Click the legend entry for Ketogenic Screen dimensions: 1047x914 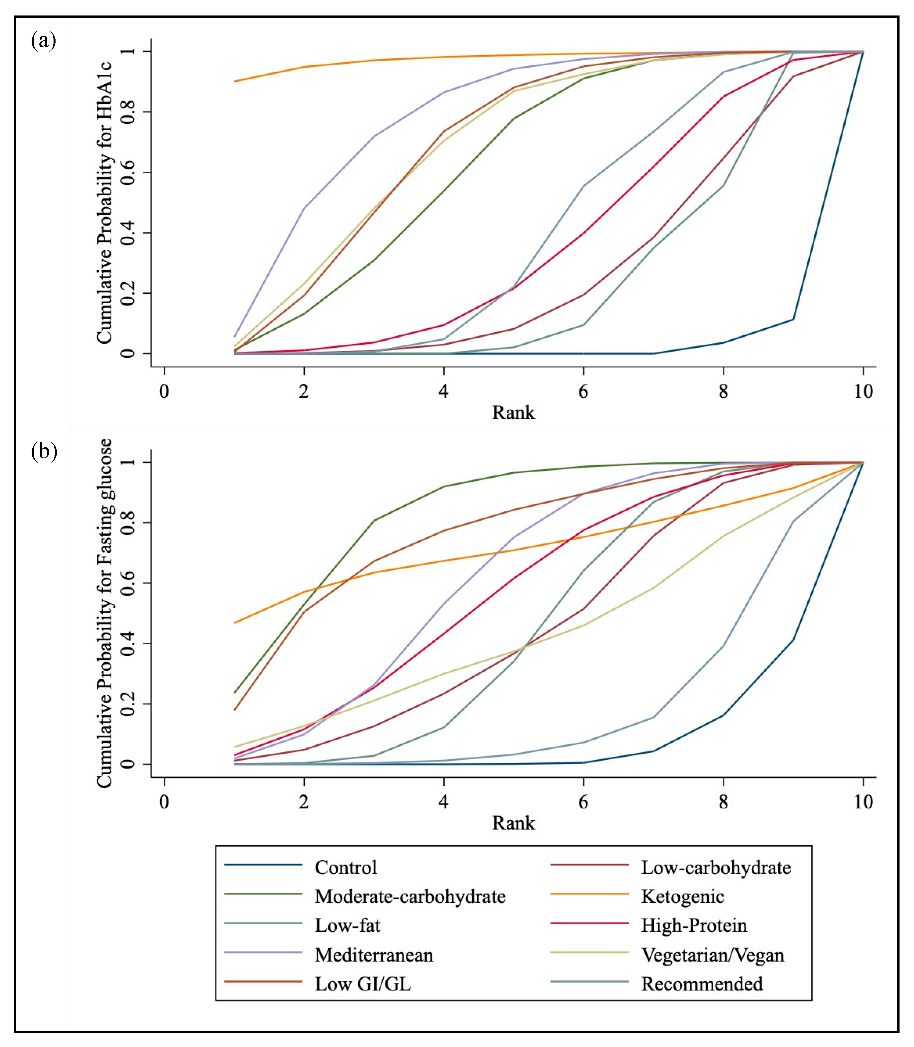tap(682, 897)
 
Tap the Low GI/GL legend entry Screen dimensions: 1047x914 tap(363, 984)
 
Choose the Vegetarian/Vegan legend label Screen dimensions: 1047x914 tap(712, 955)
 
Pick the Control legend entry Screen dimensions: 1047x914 tap(345, 868)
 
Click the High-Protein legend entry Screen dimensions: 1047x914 tap(693, 925)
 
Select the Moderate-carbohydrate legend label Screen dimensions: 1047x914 tap(410, 897)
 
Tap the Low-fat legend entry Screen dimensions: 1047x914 tap(347, 925)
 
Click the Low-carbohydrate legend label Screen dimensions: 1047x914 tap(716, 868)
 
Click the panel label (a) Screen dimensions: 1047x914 tap(43, 40)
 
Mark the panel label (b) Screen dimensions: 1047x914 tap(44, 451)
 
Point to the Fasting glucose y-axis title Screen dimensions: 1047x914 tap(105, 612)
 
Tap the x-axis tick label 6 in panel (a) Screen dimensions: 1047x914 tap(583, 392)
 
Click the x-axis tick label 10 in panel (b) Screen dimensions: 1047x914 tap(863, 802)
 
